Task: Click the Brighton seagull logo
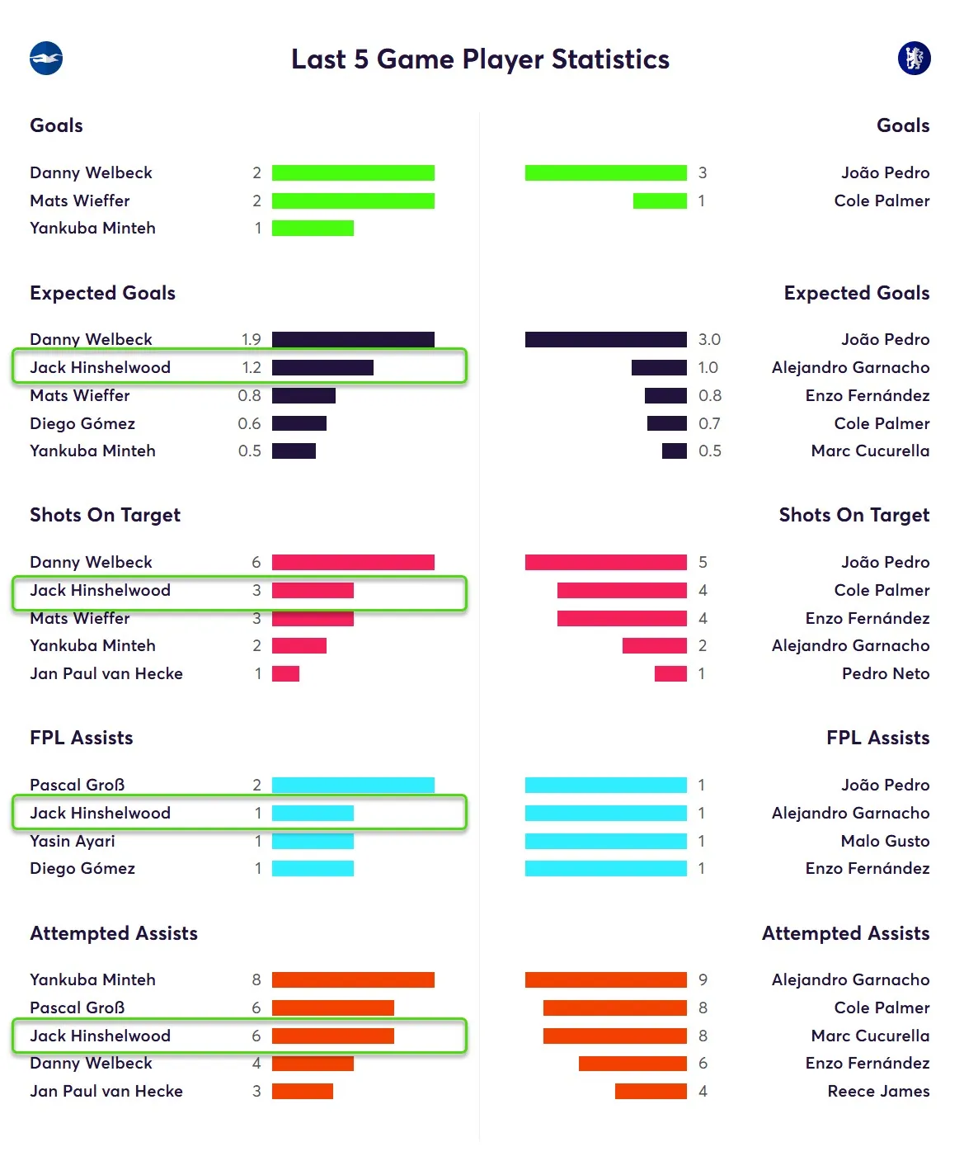point(46,59)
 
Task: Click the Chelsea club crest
point(914,58)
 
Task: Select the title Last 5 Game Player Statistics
point(480,59)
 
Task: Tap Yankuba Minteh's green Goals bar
point(313,229)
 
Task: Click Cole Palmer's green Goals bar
point(660,201)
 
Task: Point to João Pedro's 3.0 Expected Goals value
point(709,339)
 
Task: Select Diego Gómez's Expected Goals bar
point(299,423)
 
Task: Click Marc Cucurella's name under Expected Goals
point(870,451)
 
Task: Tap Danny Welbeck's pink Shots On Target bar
point(353,562)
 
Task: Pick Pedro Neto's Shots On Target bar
point(670,673)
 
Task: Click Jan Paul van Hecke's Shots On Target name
point(106,673)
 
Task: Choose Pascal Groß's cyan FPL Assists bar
point(353,785)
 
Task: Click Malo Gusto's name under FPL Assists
point(885,841)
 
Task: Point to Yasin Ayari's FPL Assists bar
point(313,841)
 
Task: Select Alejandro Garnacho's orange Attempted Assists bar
point(606,979)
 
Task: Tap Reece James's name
point(878,1091)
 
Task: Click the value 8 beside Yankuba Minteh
point(256,979)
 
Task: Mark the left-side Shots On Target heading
point(105,515)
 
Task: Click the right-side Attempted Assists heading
point(845,933)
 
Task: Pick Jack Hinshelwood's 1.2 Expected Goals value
point(252,367)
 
